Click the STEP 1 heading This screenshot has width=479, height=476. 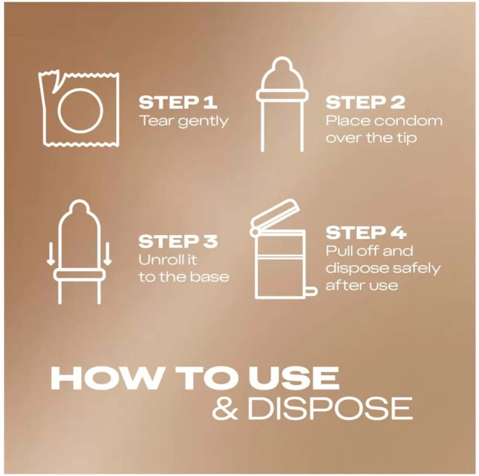click(178, 103)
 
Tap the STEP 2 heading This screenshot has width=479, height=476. click(365, 103)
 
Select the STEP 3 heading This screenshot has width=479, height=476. click(178, 241)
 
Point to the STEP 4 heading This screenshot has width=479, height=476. click(366, 233)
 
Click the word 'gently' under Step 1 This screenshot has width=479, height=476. click(203, 122)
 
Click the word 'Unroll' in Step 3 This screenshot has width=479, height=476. click(158, 260)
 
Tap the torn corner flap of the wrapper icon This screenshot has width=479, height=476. click(55, 82)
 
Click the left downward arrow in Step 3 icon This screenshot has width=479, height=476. click(51, 254)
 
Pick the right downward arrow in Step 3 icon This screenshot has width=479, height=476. click(107, 254)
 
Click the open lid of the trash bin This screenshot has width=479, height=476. click(275, 213)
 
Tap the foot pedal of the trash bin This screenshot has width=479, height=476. click(311, 292)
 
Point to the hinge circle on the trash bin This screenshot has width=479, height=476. click(254, 232)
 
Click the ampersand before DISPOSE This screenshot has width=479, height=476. click(225, 408)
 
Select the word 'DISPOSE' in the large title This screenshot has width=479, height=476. click(330, 408)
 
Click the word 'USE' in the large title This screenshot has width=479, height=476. click(294, 377)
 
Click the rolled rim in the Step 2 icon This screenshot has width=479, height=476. click(282, 96)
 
